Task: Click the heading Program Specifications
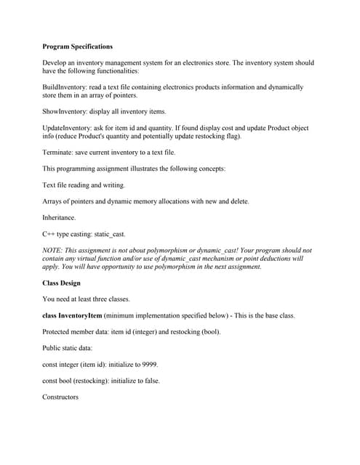click(x=78, y=46)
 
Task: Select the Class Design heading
click(x=62, y=283)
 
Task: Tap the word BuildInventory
click(x=65, y=86)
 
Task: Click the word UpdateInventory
click(x=68, y=128)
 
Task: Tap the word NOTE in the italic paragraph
click(x=53, y=250)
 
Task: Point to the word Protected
click(x=60, y=332)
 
